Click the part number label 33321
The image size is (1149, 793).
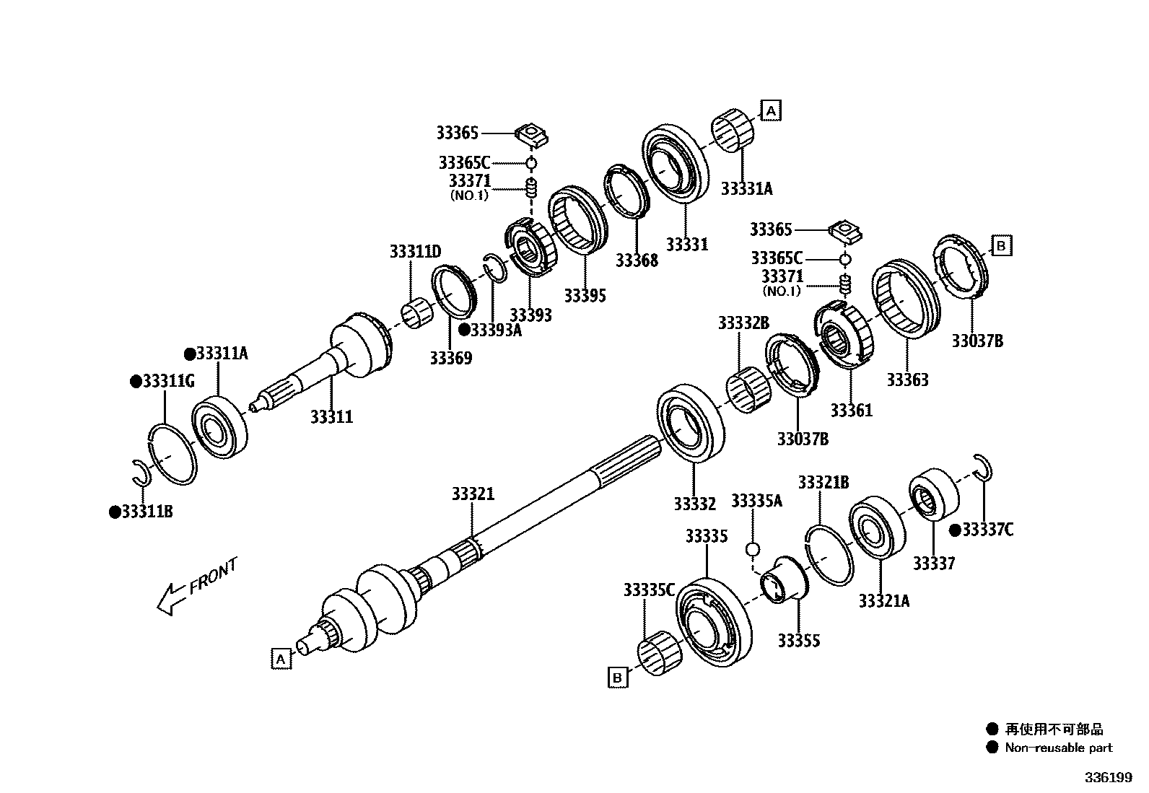(x=473, y=494)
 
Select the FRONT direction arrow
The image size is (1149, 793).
(x=170, y=598)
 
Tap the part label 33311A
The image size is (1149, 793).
(x=222, y=354)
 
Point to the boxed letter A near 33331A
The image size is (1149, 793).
(x=771, y=111)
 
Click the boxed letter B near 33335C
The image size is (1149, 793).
(x=617, y=678)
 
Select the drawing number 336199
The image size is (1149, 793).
(x=1109, y=778)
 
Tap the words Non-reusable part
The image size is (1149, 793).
(x=1058, y=748)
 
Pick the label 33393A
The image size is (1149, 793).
(x=501, y=330)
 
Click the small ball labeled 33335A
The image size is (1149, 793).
(x=752, y=550)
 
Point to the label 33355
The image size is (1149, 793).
(x=798, y=641)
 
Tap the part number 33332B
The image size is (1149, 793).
(x=743, y=323)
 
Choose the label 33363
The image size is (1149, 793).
(x=907, y=380)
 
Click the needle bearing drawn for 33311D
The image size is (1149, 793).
(x=416, y=316)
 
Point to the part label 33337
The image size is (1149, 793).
(x=933, y=563)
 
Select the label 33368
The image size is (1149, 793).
(x=637, y=260)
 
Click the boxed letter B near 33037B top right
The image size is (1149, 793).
(x=1001, y=246)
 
